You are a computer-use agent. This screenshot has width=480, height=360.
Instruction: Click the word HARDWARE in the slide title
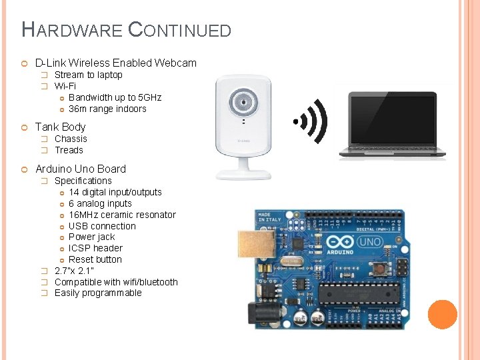72,29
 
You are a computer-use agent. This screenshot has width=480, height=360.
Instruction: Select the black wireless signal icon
313,121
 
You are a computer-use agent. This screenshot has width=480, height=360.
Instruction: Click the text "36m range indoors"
107,109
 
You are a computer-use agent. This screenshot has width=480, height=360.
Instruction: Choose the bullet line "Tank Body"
60,127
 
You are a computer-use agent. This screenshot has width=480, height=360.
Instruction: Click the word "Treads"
69,150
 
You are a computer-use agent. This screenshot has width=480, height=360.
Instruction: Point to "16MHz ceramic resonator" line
122,215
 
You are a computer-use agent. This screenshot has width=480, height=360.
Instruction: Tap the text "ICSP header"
95,248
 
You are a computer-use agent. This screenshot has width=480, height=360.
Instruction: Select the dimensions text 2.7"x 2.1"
74,271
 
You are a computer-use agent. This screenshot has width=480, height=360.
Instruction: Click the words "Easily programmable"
98,293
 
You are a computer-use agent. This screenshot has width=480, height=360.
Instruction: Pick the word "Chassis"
71,139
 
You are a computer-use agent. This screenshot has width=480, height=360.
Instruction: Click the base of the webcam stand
243,173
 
